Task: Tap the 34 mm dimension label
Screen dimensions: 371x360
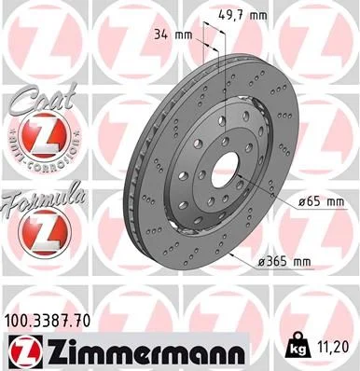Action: (174, 34)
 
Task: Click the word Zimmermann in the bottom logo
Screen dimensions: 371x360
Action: (139, 351)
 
